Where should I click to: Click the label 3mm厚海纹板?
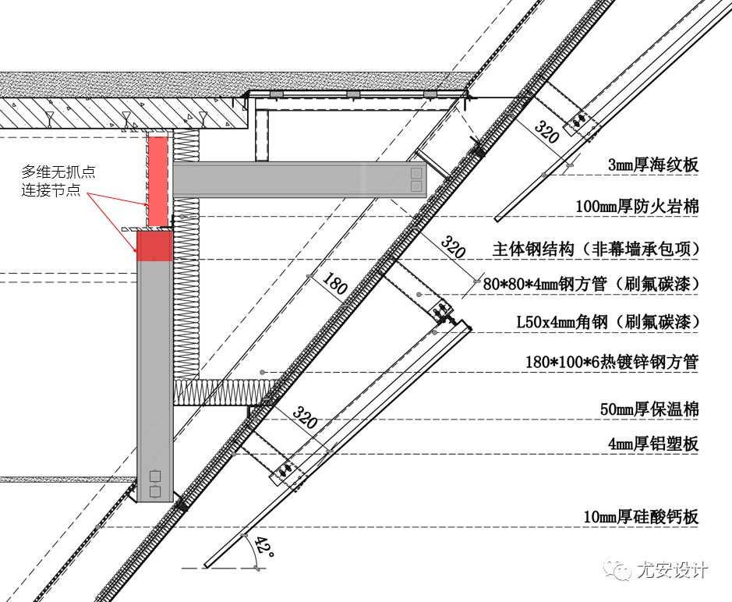pos(653,165)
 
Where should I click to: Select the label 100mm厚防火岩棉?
pos(637,207)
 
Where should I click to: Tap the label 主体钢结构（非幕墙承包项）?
pos(596,249)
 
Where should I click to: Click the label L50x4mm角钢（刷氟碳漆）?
pos(607,321)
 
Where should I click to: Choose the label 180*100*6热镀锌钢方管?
pos(613,362)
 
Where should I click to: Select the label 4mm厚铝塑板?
pos(653,444)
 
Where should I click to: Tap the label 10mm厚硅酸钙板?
pos(642,516)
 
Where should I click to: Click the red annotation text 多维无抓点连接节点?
pos(58,180)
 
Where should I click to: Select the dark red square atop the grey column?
pos(154,246)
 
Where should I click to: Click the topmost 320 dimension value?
pos(547,132)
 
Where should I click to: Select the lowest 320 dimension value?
pos(305,418)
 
